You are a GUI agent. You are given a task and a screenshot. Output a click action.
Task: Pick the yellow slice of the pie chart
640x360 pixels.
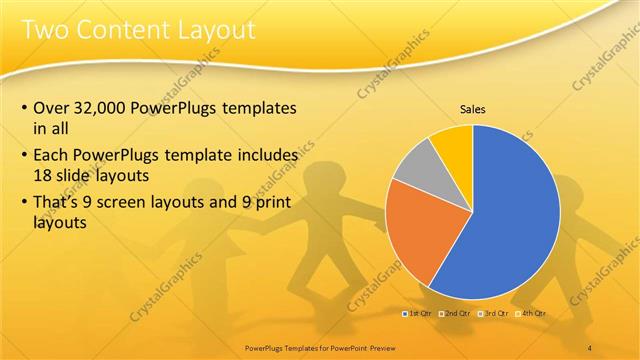click(x=453, y=143)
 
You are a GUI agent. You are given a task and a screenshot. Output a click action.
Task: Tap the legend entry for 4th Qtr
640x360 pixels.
click(x=532, y=313)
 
